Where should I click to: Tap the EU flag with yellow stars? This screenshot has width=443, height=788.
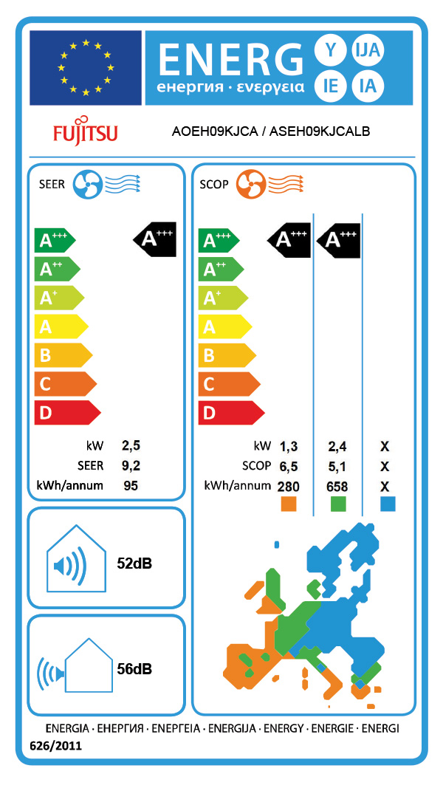(86, 68)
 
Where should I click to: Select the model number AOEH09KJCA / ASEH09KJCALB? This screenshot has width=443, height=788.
(270, 132)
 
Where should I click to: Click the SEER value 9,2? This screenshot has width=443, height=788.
(131, 466)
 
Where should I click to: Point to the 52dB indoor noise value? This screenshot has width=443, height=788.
(134, 563)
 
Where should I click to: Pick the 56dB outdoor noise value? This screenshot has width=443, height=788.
(134, 669)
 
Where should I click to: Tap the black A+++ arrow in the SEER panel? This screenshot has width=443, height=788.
(155, 239)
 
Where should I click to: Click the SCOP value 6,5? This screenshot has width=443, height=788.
(289, 466)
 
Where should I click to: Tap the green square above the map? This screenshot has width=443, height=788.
(338, 504)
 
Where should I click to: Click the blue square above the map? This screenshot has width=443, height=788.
(386, 504)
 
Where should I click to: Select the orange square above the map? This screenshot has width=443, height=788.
(289, 504)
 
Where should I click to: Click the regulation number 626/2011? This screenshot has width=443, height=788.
(55, 747)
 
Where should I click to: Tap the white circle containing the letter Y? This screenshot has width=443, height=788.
(329, 50)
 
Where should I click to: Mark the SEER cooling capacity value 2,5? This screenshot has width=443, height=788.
(131, 446)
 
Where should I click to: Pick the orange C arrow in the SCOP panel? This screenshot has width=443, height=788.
(227, 384)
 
